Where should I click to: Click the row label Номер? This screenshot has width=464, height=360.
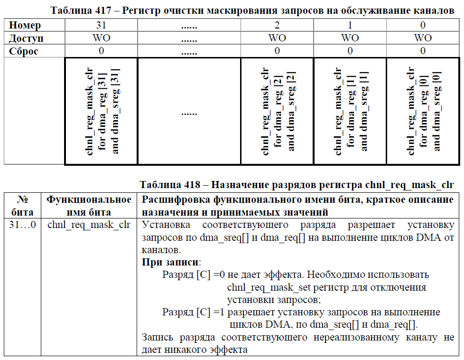pos(25,26)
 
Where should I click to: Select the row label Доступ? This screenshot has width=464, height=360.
pos(27,38)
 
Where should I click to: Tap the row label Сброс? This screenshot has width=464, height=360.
pos(24,51)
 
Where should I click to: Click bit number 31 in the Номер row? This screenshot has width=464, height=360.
pos(101,26)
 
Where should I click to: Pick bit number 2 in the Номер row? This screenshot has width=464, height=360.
pos(277,26)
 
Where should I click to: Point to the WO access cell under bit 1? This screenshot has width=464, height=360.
pos(350,38)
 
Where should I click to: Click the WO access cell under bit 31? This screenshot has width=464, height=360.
pos(101,38)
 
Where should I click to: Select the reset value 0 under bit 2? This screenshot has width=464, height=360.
pos(277,51)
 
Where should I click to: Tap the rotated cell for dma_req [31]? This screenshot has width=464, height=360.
pos(101,111)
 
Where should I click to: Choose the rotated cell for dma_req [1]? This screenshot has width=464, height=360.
pos(351,111)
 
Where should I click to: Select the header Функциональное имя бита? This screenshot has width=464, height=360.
pos(89,205)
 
